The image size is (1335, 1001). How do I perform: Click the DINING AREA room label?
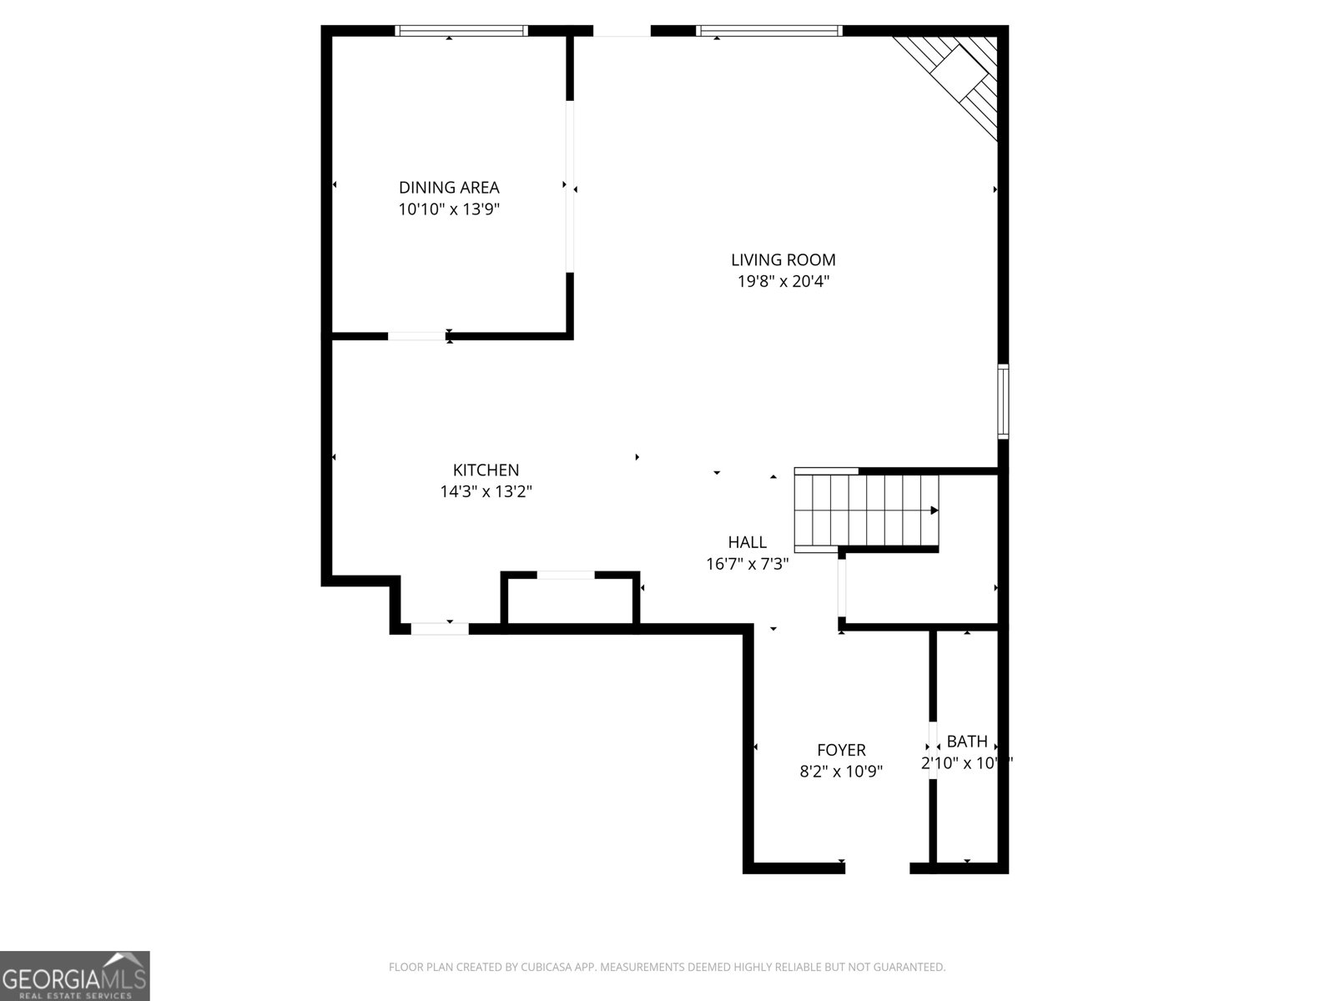(x=449, y=188)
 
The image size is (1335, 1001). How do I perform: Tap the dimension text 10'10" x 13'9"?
(x=449, y=209)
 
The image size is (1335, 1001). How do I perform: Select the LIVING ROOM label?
(x=783, y=260)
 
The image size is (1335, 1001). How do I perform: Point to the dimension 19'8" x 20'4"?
(x=783, y=282)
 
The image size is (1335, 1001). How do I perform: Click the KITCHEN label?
(x=486, y=470)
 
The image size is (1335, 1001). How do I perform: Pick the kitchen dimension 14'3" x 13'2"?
(x=486, y=492)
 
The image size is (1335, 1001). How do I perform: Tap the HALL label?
(x=747, y=542)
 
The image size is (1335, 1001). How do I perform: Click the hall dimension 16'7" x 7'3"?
(x=747, y=564)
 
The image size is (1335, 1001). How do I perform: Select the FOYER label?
(x=841, y=750)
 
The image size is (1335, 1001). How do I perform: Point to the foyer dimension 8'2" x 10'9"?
(x=841, y=772)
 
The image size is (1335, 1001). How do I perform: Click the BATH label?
(x=967, y=741)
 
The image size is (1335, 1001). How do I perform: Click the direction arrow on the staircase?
(x=934, y=511)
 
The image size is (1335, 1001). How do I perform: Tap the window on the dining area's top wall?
(x=461, y=31)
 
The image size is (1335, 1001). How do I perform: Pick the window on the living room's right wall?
(x=1004, y=401)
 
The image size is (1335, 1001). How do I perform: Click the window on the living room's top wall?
(x=768, y=31)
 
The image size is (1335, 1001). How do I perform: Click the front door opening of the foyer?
(x=877, y=868)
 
